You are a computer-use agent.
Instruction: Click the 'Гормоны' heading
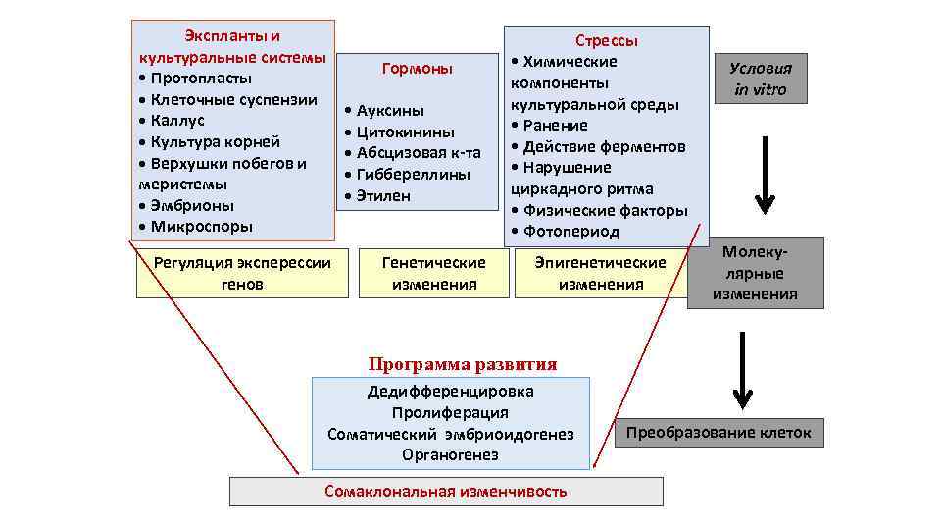[418, 69]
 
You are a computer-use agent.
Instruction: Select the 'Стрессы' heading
[607, 41]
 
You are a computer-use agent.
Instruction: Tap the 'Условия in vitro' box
[761, 79]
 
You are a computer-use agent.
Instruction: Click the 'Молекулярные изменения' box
[755, 273]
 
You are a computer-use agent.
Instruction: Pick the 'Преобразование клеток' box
[718, 432]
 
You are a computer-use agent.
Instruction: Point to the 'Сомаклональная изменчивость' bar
[446, 491]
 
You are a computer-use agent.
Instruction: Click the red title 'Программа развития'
[463, 364]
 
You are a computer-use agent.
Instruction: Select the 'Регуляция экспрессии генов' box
[242, 273]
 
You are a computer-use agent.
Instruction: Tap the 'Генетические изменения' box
[433, 273]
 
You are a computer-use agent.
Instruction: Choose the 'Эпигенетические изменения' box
[600, 273]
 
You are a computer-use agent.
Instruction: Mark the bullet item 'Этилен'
[383, 195]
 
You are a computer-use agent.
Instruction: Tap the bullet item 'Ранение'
[555, 126]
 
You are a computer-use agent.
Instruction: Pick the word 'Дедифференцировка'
[450, 391]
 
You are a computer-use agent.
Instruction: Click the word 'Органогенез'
[450, 455]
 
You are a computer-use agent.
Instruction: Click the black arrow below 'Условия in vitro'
[765, 175]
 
